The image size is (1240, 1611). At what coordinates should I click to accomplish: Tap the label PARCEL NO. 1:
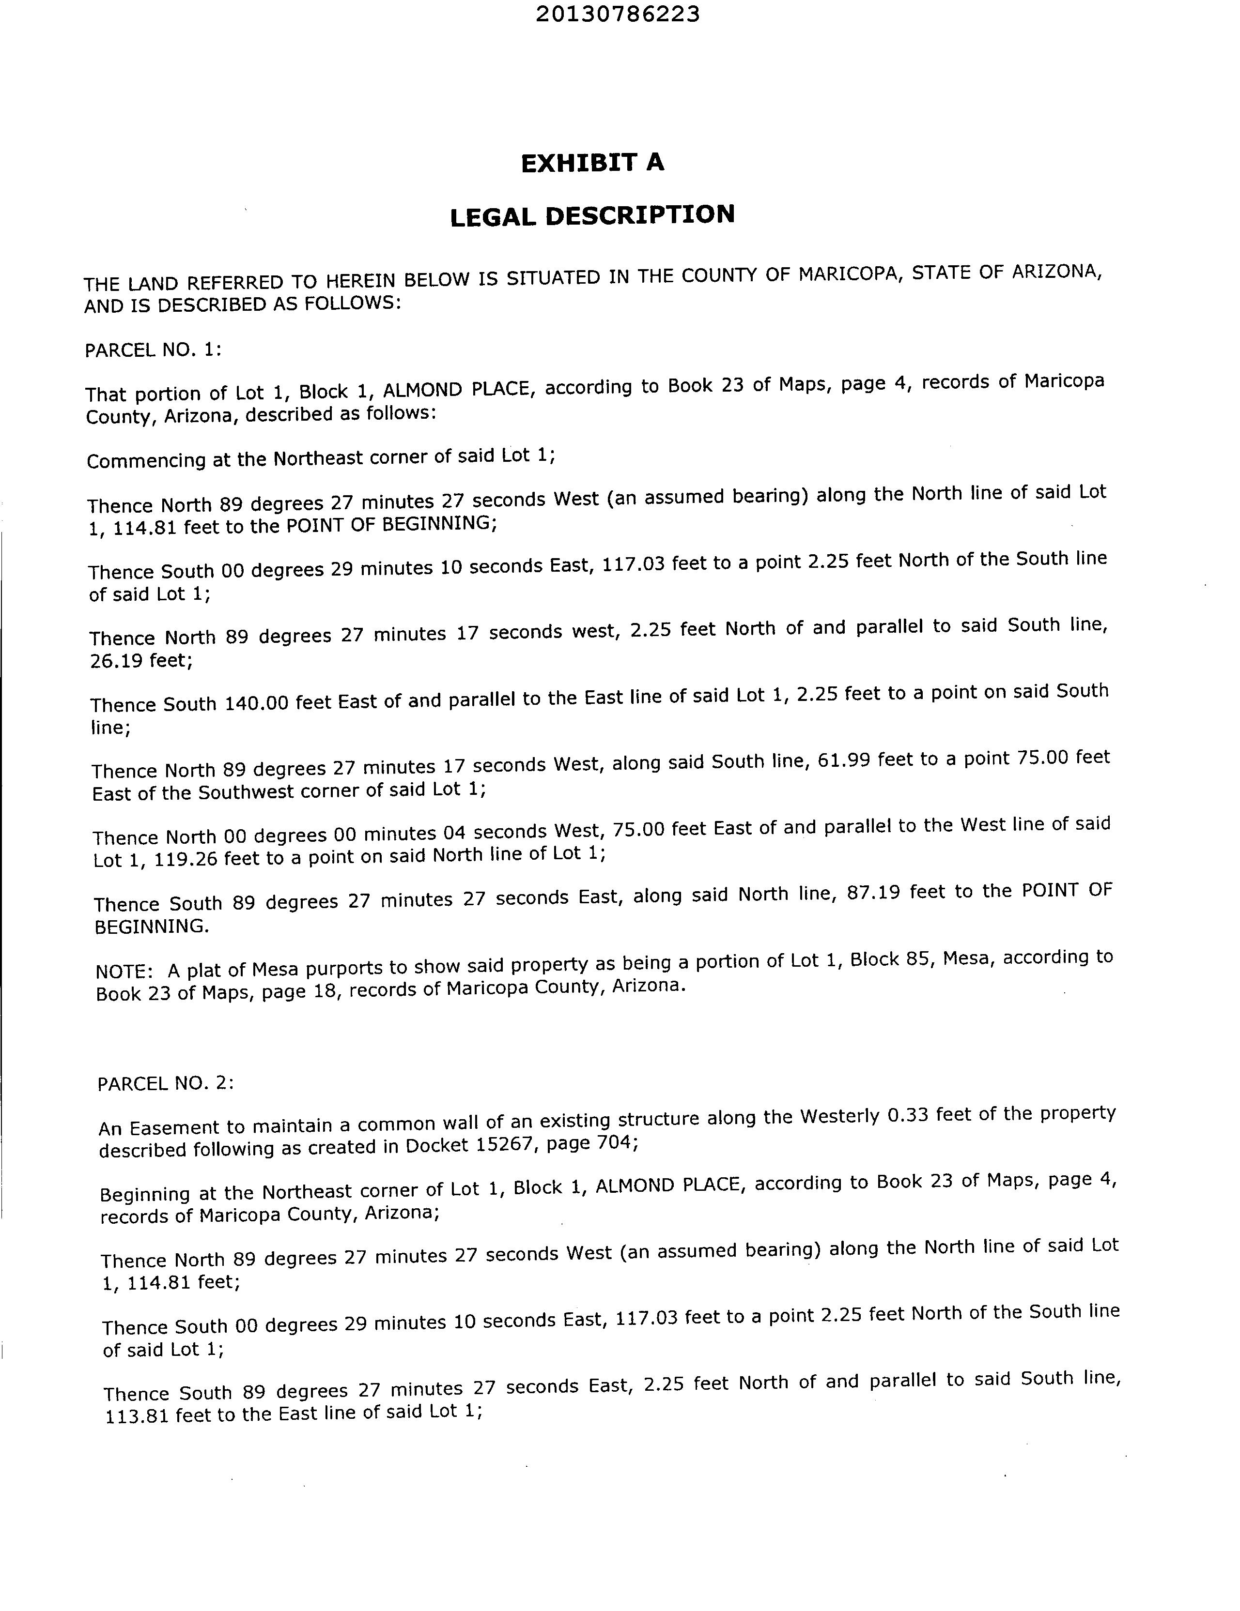tap(153, 349)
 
